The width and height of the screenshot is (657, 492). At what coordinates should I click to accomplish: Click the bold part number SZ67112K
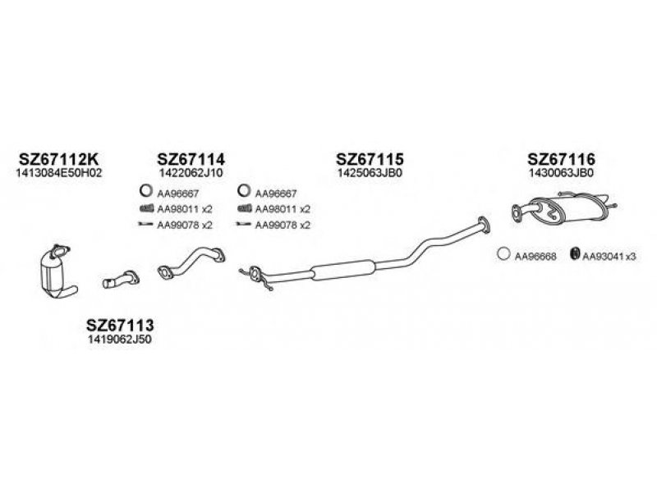point(59,159)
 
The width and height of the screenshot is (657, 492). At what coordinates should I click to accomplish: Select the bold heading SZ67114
point(191,159)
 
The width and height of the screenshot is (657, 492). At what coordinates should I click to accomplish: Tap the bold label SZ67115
point(370,159)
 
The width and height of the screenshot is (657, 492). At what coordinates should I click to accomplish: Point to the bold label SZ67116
point(561,159)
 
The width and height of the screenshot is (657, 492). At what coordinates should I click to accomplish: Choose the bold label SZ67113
point(120,325)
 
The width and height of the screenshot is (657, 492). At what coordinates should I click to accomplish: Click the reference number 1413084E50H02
point(59,173)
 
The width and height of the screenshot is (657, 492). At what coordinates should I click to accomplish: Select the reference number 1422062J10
point(191,173)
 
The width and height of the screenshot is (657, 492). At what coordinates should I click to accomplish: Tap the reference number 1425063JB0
point(370,173)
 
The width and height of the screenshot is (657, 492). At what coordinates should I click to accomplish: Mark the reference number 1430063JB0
point(562,173)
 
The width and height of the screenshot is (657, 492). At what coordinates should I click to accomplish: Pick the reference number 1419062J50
point(120,339)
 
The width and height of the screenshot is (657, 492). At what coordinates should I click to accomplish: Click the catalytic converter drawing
point(57,273)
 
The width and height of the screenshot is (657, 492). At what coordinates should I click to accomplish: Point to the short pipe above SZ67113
point(121,280)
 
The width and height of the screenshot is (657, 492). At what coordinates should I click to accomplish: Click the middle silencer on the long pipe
point(343,270)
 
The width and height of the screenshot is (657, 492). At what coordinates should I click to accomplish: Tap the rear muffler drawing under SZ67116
point(564,208)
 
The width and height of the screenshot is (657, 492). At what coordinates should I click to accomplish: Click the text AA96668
point(535,256)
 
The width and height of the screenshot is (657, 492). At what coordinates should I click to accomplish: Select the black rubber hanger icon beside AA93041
point(575,253)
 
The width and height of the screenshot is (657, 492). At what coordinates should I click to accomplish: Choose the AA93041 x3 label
point(609,256)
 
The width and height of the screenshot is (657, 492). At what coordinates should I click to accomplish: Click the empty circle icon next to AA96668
point(503,254)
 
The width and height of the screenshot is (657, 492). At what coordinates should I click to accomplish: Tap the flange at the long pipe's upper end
point(484,225)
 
